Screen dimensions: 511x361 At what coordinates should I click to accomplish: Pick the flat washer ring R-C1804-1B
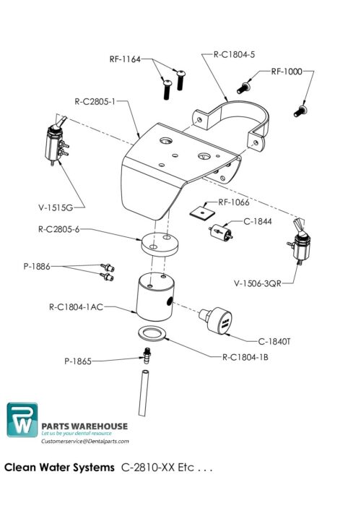pyautogui.click(x=151, y=333)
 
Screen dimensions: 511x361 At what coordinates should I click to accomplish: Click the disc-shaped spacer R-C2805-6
pyautogui.click(x=157, y=244)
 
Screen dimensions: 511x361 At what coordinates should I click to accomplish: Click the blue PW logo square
pyautogui.click(x=22, y=420)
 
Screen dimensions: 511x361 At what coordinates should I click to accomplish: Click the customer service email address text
pyautogui.click(x=85, y=441)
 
